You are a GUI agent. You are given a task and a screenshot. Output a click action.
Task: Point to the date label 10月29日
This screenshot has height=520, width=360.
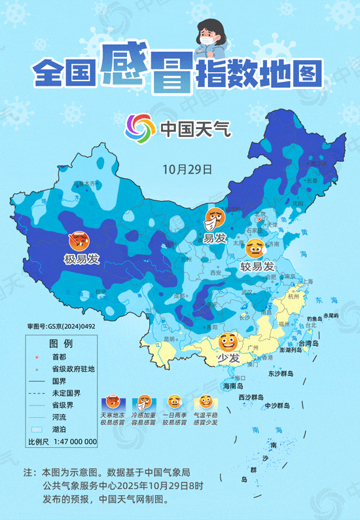coord(187,168)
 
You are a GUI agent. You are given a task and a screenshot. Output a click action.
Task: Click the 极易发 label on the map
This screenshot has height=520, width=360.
coord(81,259)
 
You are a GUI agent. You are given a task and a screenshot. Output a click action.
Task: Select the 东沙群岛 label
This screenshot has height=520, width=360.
coord(283,373)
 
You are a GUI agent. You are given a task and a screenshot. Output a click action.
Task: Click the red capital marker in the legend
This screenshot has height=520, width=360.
coord(37,356)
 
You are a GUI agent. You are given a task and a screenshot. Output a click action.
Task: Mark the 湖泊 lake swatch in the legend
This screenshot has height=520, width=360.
coord(37,428)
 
